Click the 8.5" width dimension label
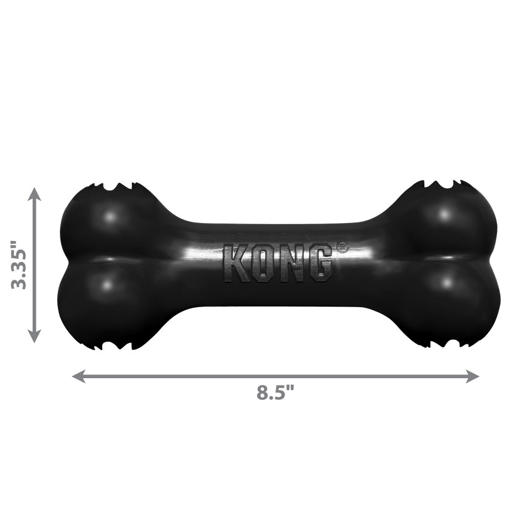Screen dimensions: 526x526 pos(275,393)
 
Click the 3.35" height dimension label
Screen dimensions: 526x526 pos(19,265)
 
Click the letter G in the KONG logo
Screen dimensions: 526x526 pos(318,262)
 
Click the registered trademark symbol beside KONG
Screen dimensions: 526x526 pos(342,247)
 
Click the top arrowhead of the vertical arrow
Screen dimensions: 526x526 pos(34,194)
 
